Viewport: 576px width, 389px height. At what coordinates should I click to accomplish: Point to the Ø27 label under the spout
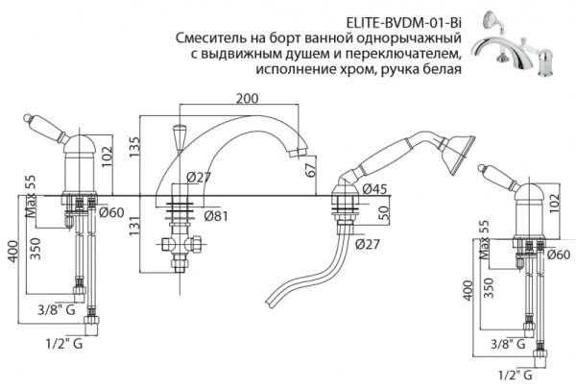[x=198, y=178]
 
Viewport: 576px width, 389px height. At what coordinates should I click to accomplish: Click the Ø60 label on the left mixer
[x=109, y=213]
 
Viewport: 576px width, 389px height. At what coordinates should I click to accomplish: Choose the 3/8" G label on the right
[x=508, y=343]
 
